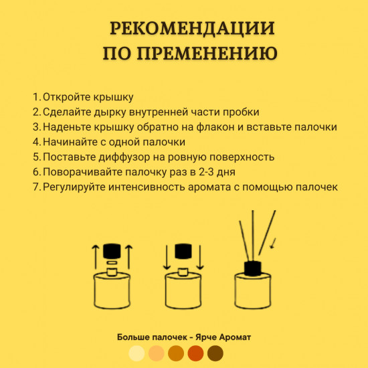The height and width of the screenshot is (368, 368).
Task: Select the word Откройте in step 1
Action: click(x=65, y=98)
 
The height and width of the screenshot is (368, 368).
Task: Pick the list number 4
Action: click(x=36, y=142)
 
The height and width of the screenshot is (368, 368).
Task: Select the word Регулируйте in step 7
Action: click(x=74, y=187)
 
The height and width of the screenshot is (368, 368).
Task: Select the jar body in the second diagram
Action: click(x=181, y=292)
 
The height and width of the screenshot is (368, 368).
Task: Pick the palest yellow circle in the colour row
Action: click(x=136, y=353)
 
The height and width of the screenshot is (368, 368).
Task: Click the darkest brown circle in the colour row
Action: click(x=215, y=353)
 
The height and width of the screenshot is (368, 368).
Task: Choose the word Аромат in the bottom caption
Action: click(x=234, y=337)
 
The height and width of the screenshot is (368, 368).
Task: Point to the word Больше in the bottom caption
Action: click(x=133, y=337)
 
